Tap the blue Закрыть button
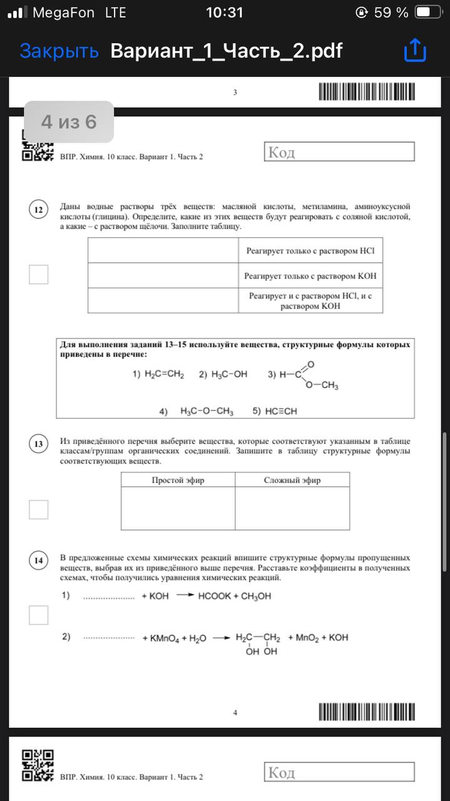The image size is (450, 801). tap(59, 51)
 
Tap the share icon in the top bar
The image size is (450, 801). tap(415, 51)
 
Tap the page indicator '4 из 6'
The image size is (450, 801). tap(69, 121)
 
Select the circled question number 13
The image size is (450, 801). tap(38, 444)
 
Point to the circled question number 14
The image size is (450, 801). tap(38, 561)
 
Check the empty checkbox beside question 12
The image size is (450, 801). tap(38, 274)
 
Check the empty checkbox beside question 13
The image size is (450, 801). tap(38, 509)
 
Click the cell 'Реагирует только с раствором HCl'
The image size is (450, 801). tap(310, 251)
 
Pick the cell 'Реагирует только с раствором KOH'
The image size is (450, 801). tap(310, 275)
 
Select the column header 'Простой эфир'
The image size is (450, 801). tap(178, 480)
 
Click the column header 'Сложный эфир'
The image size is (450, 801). tap(292, 480)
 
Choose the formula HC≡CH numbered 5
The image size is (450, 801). tap(281, 411)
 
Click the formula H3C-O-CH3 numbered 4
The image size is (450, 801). tap(207, 411)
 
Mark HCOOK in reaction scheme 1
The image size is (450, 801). tap(215, 596)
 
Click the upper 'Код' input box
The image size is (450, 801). tap(339, 152)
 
